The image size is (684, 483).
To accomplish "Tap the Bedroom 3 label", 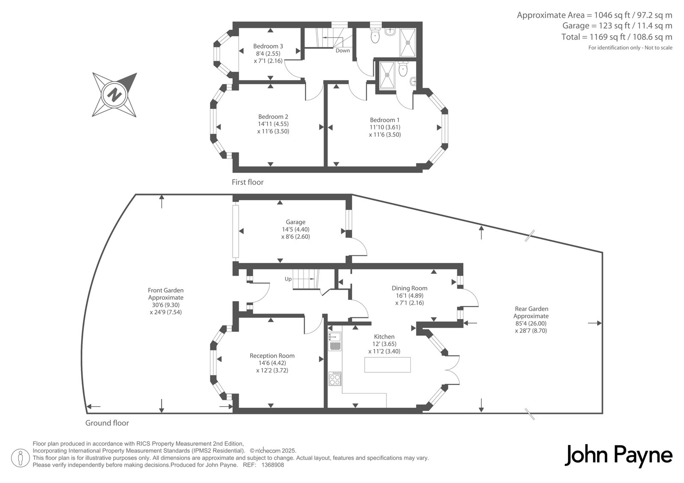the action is (268, 47).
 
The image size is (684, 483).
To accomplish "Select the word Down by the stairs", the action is (342, 51).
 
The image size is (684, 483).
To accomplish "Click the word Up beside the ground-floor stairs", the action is (288, 279).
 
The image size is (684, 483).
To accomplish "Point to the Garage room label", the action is (295, 222).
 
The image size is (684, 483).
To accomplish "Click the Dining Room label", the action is (410, 288).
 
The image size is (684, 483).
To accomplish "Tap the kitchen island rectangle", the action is (387, 365).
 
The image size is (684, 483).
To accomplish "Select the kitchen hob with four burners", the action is (335, 379).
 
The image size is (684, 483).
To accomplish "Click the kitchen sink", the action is (335, 341).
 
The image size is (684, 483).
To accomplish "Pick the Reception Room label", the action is (272, 356).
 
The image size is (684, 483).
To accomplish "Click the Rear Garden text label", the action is (531, 309).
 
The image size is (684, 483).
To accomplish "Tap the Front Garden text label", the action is (166, 290).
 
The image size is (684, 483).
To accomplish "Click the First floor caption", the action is (248, 182).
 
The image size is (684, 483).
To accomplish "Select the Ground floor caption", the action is (107, 423).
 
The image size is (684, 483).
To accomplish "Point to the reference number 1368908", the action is (273, 465).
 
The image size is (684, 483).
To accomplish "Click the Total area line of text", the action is (617, 37).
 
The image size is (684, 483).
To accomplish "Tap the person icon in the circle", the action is (20, 458).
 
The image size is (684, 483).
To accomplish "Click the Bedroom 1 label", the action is (385, 120).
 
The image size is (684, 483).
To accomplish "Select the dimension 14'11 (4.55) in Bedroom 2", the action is (273, 124).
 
